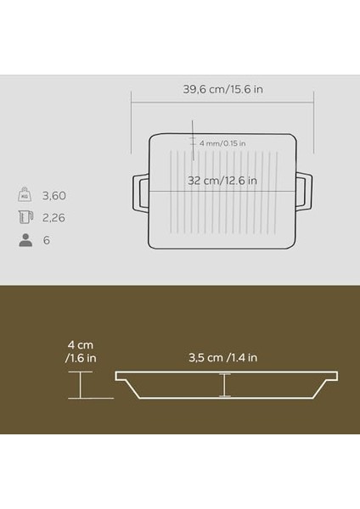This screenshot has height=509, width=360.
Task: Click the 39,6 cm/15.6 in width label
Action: pyautogui.click(x=223, y=89)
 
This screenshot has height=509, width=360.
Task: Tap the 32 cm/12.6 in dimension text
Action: pyautogui.click(x=222, y=181)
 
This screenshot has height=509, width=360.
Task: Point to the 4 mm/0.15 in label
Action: pyautogui.click(x=222, y=143)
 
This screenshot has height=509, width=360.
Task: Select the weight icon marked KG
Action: pyautogui.click(x=25, y=195)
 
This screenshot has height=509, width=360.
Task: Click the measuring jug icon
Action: pyautogui.click(x=25, y=217)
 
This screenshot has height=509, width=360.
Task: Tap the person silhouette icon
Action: pyautogui.click(x=25, y=240)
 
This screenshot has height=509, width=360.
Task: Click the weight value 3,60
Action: pyautogui.click(x=54, y=195)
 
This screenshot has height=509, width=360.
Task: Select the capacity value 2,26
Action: pyautogui.click(x=54, y=217)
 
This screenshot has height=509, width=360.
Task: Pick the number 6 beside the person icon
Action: pyautogui.click(x=47, y=240)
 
